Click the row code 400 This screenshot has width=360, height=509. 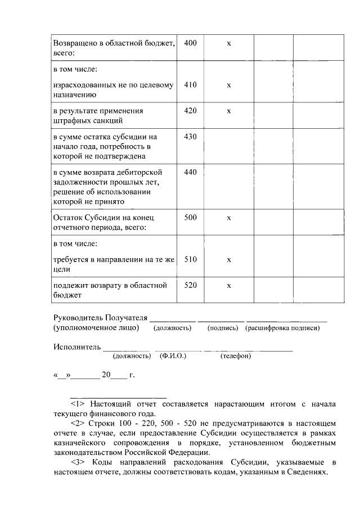point(190,43)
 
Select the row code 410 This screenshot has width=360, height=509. point(190,85)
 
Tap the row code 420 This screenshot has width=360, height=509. point(190,111)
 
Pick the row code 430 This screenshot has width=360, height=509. point(190,137)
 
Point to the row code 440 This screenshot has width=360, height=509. point(190,172)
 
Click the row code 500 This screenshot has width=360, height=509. point(190,217)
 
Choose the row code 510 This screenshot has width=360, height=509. point(190,259)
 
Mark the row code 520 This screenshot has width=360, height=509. point(190,285)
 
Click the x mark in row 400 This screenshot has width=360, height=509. point(228,44)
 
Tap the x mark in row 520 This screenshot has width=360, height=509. point(228,286)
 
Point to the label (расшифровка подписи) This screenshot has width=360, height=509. point(283,328)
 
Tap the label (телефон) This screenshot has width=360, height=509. point(236,356)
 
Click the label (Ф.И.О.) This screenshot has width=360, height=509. point(173,356)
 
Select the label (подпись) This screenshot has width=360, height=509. point(223,328)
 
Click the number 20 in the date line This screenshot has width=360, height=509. point(106,374)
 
